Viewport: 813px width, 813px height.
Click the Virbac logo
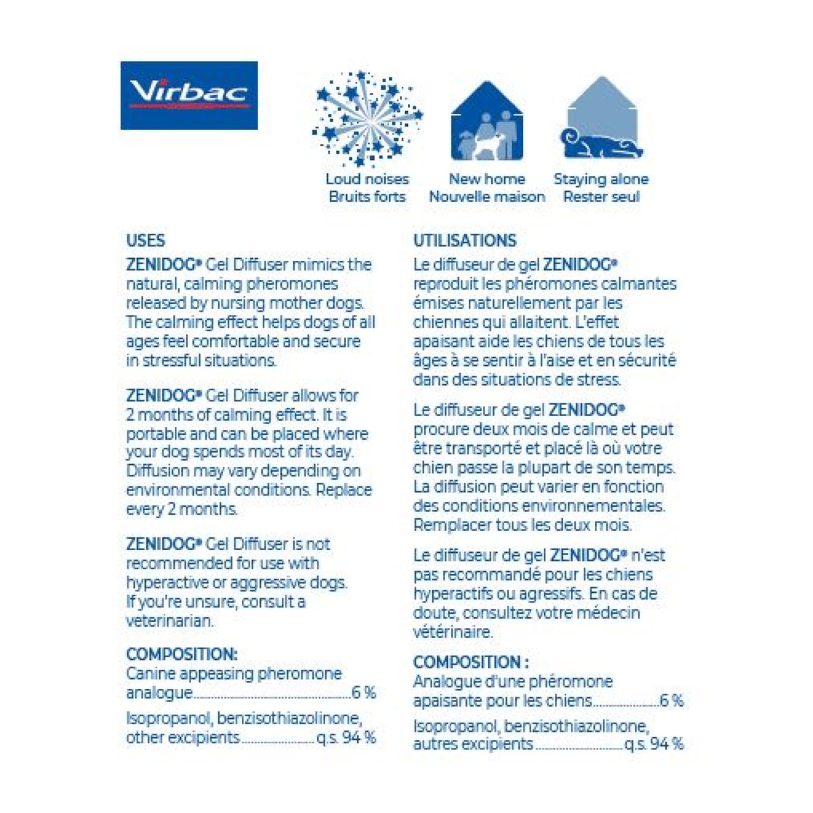click(x=189, y=96)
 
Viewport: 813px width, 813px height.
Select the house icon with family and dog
click(x=486, y=122)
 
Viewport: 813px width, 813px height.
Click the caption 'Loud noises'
click(x=367, y=180)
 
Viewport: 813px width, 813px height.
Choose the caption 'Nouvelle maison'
click(x=486, y=197)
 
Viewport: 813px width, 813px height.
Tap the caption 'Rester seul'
click(x=601, y=197)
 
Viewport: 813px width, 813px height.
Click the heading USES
click(x=146, y=241)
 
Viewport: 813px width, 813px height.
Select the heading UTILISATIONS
click(x=465, y=241)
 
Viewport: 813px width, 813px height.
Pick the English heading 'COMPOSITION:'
click(x=182, y=654)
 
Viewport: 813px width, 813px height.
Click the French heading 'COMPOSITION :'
click(x=471, y=662)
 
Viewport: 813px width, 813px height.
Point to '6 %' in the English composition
click(x=363, y=692)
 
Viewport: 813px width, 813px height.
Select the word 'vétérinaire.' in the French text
click(x=453, y=632)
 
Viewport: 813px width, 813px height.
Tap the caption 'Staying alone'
click(x=601, y=180)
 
